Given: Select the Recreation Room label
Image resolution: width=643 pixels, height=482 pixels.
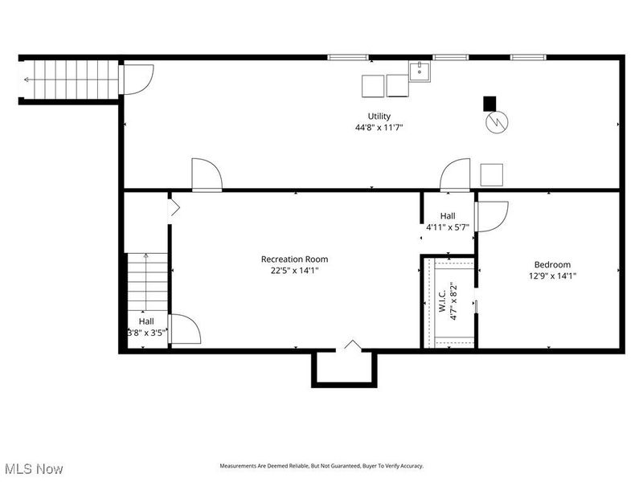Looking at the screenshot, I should pos(294,259).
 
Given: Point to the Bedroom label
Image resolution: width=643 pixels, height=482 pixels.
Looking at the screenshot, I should pos(552,264).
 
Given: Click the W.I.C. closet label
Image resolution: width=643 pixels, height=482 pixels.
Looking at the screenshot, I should pos(442,298).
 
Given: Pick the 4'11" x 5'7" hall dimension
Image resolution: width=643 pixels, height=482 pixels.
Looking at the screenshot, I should pos(448,227).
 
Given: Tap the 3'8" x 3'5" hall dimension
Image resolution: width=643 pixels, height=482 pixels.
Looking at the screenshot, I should pos(146,332).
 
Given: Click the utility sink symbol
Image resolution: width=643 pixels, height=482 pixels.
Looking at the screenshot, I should pos(420,73).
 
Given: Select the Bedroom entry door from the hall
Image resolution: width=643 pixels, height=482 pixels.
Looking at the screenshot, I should pos(490,215).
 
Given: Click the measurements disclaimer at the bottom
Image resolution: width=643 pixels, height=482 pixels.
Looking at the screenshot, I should pos(321,466).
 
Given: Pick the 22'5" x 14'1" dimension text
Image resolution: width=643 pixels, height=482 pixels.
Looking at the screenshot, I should pos(294,270).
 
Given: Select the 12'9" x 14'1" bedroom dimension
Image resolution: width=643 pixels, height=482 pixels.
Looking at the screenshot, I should pos(552,276).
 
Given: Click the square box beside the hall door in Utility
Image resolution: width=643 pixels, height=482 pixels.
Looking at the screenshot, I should pos(491,174).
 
